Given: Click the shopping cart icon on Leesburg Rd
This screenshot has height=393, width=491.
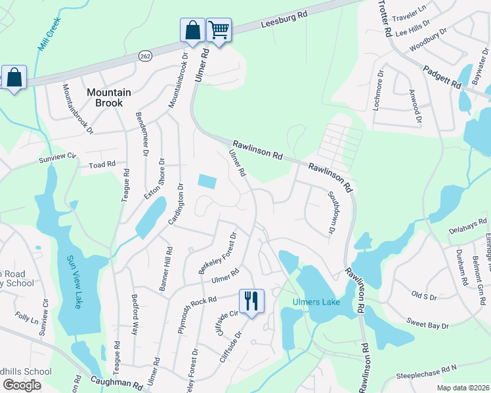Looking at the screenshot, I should (x=219, y=29).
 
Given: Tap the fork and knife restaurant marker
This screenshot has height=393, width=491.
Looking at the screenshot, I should (x=251, y=301).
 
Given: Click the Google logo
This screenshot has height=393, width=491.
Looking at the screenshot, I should (x=22, y=384).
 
